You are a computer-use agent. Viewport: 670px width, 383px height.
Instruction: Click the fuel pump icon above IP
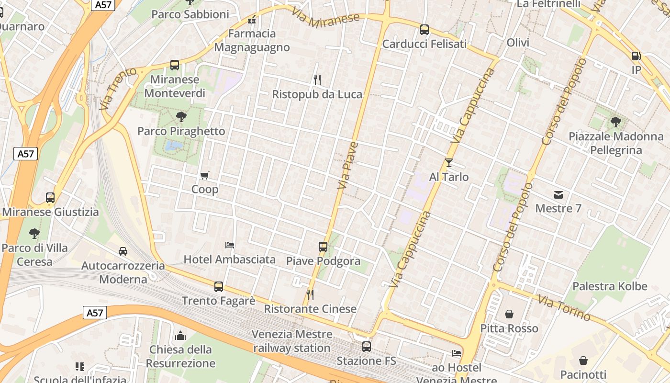point(636,56)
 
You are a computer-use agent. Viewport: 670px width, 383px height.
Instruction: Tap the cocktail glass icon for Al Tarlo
point(448,163)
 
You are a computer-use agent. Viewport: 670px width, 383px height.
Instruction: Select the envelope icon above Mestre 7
point(558,194)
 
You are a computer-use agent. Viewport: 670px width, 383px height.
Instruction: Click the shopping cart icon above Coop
point(205,175)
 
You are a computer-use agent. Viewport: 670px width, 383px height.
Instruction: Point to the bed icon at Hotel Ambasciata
point(230,245)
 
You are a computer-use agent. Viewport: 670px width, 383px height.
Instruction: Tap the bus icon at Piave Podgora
point(323,247)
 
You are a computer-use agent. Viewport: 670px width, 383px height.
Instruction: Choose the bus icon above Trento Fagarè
point(219,286)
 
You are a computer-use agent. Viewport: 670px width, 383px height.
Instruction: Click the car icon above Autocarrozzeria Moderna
point(123,251)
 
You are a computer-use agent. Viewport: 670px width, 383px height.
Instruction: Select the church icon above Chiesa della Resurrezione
point(180,335)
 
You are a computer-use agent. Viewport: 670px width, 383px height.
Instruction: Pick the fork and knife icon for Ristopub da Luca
point(316,79)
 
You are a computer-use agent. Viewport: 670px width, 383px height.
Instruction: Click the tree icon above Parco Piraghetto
point(181,116)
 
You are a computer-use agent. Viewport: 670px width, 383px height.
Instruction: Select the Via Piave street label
point(347,165)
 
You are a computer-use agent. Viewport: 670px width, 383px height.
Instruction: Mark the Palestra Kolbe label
point(610,286)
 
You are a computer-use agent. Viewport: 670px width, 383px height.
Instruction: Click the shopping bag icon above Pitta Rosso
point(509,314)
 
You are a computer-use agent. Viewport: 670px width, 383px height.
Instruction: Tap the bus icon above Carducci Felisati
point(424,30)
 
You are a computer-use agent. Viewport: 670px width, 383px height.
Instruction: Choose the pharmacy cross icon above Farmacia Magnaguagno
point(252,20)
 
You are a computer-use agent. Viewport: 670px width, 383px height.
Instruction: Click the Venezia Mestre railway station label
point(292,341)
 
